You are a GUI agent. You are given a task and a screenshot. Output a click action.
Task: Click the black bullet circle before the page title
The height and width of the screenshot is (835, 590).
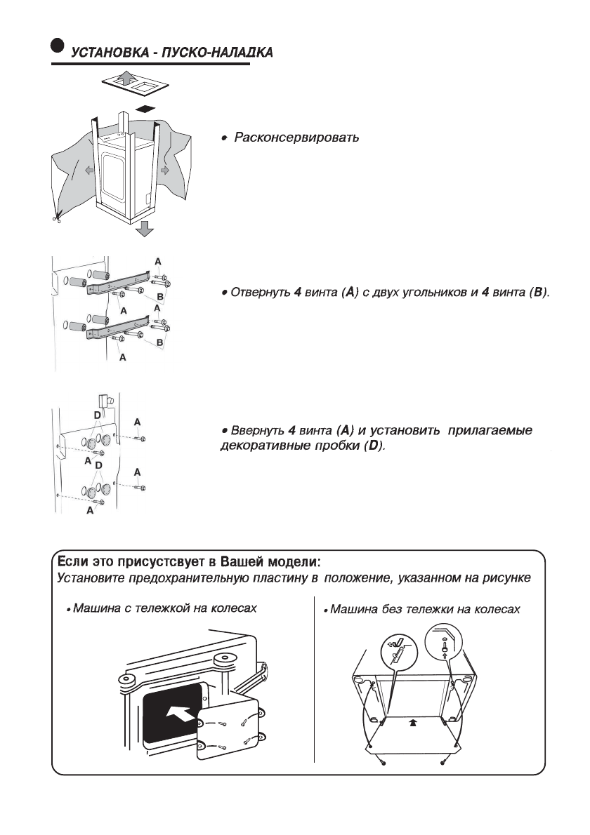coord(57,44)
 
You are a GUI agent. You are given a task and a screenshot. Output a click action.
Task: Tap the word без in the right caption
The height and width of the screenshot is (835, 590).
coord(397,608)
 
